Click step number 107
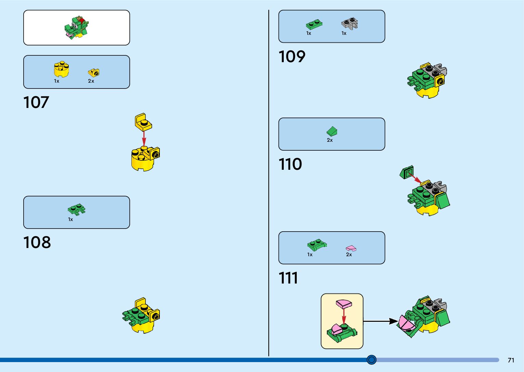pyautogui.click(x=36, y=102)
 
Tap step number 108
pyautogui.click(x=37, y=242)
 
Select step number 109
pyautogui.click(x=292, y=56)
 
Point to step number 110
pyautogui.click(x=290, y=164)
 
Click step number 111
pyautogui.click(x=288, y=278)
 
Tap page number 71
pyautogui.click(x=511, y=360)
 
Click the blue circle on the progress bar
pyautogui.click(x=371, y=360)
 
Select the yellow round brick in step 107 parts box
pyautogui.click(x=62, y=69)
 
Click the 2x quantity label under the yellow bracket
pyautogui.click(x=91, y=81)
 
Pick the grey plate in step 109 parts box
pyautogui.click(x=349, y=24)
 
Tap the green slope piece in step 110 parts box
pyautogui.click(x=332, y=131)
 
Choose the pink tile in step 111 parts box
pyautogui.click(x=351, y=248)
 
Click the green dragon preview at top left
pyautogui.click(x=76, y=27)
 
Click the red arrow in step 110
pyautogui.click(x=414, y=178)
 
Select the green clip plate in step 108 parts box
pyautogui.click(x=77, y=209)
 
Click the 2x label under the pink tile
pyautogui.click(x=349, y=254)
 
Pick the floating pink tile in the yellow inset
pyautogui.click(x=344, y=304)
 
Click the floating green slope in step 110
pyautogui.click(x=407, y=173)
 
